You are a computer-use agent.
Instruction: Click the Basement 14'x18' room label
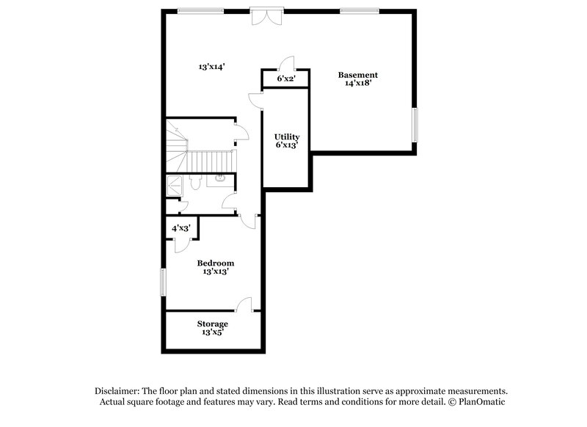(x=357, y=79)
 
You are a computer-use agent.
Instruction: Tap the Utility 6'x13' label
(x=287, y=141)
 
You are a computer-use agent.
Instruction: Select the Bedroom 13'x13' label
(x=216, y=267)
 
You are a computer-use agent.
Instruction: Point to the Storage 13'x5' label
(x=212, y=328)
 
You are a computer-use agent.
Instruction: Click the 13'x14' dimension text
(x=211, y=67)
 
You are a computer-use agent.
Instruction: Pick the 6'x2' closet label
(x=285, y=79)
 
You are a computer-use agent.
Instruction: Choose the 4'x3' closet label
(x=181, y=228)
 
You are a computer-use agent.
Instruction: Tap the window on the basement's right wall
(x=415, y=125)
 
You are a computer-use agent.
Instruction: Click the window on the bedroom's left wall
(x=164, y=282)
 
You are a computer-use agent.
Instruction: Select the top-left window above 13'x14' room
(x=200, y=10)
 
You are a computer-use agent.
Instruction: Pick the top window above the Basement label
(x=360, y=10)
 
